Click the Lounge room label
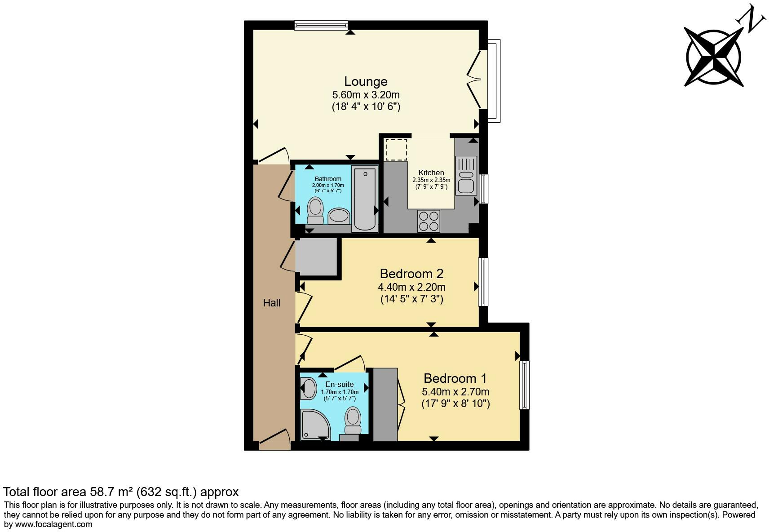(366, 81)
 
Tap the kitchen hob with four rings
(429, 221)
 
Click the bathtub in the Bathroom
(365, 198)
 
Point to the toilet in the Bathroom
(315, 211)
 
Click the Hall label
(272, 303)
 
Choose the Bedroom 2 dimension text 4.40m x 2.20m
(411, 287)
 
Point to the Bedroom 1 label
(455, 378)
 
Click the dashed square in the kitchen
(396, 150)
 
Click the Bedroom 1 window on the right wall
(524, 385)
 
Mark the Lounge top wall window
(321, 25)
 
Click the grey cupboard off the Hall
(316, 257)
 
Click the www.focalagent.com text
(53, 524)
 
